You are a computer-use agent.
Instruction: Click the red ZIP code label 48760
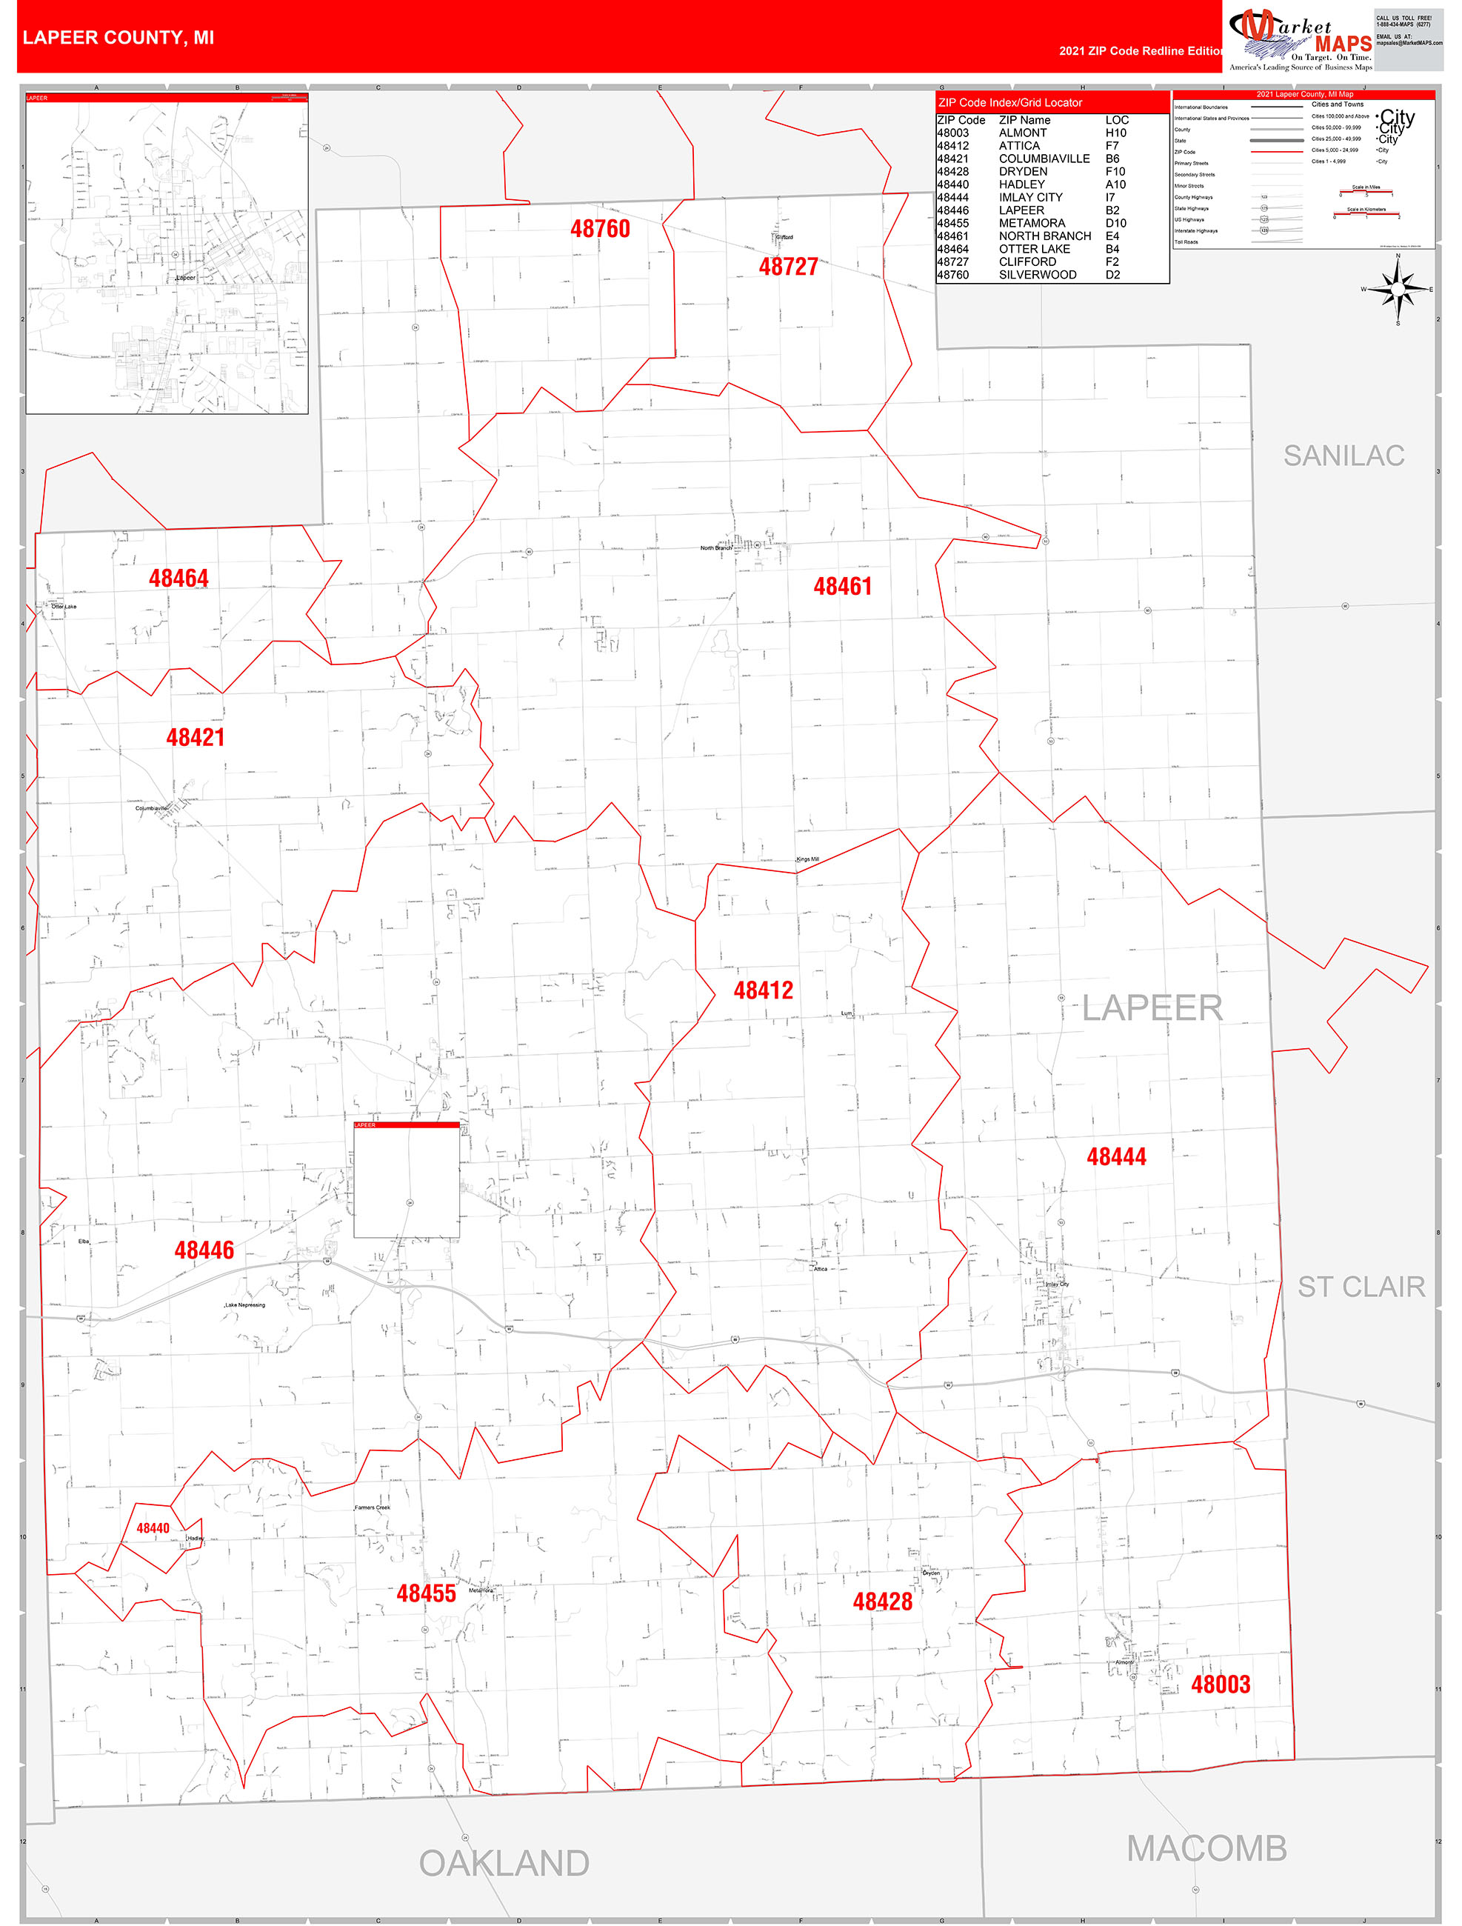tap(600, 229)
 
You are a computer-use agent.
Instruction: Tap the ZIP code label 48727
tap(788, 267)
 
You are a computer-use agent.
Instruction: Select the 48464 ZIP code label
tap(178, 578)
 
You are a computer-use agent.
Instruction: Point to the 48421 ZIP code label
tap(195, 738)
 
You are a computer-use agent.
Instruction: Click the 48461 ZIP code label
tap(842, 587)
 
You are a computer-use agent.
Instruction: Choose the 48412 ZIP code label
tap(763, 990)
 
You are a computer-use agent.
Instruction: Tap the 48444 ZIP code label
tap(1115, 1156)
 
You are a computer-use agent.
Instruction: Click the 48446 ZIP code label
tap(204, 1250)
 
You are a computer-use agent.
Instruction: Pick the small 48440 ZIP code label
tap(153, 1528)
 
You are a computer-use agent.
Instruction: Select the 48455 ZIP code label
tap(426, 1593)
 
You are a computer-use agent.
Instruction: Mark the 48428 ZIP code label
tap(882, 1602)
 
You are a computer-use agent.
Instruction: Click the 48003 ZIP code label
tap(1220, 1684)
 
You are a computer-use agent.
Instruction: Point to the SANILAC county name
tap(1343, 456)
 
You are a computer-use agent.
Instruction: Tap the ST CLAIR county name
tap(1361, 1287)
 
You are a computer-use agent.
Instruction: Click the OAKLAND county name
tap(504, 1863)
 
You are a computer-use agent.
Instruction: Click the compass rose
tap(1398, 288)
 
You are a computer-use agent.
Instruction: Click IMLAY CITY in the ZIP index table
tap(1030, 198)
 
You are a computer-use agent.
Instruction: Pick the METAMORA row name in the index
tap(1031, 223)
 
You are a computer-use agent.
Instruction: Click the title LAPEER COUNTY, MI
tap(119, 38)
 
